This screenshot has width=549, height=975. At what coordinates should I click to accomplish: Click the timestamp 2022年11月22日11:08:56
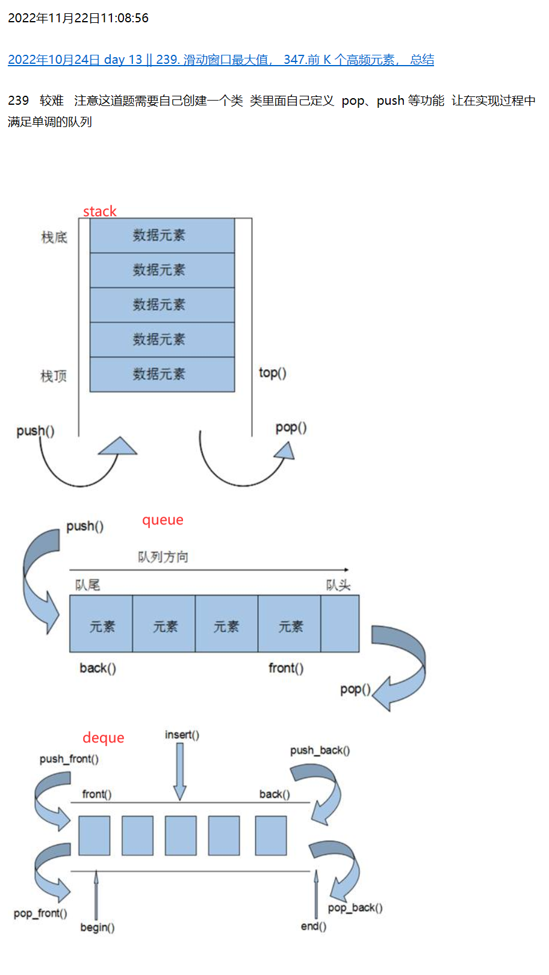[x=78, y=18]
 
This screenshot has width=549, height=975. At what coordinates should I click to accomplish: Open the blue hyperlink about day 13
[x=220, y=60]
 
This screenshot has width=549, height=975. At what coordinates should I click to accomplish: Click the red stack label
[x=99, y=211]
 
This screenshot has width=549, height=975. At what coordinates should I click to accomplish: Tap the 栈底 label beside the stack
[x=54, y=237]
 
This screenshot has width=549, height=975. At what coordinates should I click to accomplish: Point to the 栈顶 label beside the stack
[x=54, y=376]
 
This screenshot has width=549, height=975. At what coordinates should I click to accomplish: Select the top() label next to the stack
[x=273, y=373]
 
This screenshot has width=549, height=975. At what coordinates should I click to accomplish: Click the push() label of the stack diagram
[x=36, y=431]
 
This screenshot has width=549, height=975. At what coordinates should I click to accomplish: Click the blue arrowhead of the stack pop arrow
[x=285, y=450]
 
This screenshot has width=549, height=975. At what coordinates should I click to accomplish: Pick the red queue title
[x=163, y=520]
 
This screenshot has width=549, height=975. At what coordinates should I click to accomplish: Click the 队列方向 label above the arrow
[x=163, y=557]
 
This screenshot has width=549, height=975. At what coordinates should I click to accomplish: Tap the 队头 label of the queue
[x=338, y=585]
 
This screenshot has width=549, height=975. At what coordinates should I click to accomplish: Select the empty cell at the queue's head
[x=340, y=624]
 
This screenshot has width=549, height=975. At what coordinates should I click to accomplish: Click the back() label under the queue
[x=98, y=668]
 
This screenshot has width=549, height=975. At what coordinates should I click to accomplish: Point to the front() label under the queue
[x=286, y=668]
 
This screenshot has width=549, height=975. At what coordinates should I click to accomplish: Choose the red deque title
[x=103, y=738]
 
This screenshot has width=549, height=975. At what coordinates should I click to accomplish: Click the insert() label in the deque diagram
[x=182, y=735]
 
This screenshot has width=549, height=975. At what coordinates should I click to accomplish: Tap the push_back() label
[x=320, y=750]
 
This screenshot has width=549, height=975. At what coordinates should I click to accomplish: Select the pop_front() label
[x=40, y=914]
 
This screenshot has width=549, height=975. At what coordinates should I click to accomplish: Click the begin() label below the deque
[x=98, y=927]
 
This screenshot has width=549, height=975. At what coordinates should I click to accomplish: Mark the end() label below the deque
[x=314, y=926]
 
